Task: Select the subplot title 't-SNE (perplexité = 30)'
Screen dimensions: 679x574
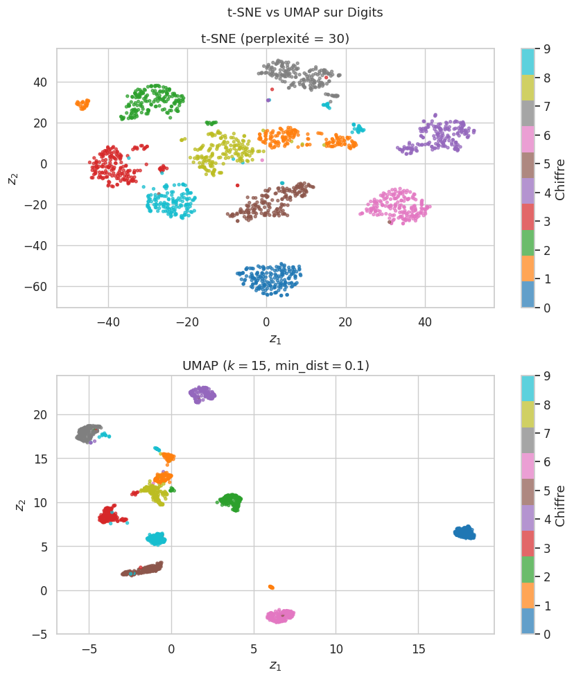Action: tap(275, 39)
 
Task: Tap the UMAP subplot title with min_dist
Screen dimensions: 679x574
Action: tap(275, 365)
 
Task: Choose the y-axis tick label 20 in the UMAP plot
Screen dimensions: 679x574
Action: tap(41, 414)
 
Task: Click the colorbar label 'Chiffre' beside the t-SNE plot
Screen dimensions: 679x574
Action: tap(559, 179)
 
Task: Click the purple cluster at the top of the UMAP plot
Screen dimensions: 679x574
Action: tap(202, 394)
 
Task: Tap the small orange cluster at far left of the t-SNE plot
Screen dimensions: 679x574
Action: tap(82, 105)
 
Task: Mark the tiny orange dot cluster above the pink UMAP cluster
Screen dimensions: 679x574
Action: tap(270, 587)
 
